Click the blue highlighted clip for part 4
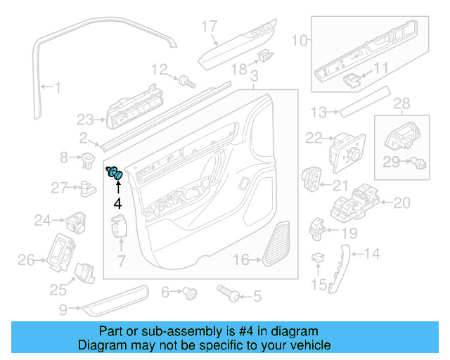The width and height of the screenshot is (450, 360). (x=115, y=173)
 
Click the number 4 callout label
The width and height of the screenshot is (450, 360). (x=117, y=204)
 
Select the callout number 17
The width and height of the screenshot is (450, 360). (x=210, y=27)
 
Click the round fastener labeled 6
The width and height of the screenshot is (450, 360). (x=189, y=293)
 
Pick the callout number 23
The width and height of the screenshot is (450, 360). (x=85, y=119)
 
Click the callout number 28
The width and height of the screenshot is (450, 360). (x=401, y=105)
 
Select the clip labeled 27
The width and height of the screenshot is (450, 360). (x=88, y=187)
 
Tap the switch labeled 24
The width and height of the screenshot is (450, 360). (x=77, y=221)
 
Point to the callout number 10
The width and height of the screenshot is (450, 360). (x=300, y=41)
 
